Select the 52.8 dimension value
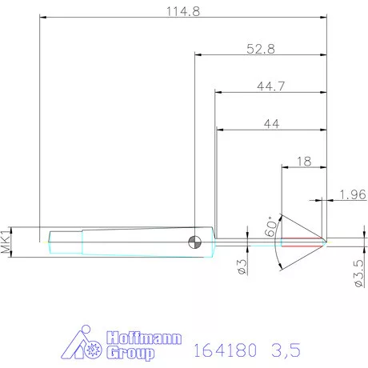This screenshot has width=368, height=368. [261, 49]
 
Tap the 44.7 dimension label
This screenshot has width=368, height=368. [270, 86]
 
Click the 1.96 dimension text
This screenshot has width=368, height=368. [352, 194]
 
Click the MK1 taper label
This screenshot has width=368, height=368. [7, 241]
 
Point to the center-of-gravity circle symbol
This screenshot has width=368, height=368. [195, 241]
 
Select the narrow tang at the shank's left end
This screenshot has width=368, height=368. [64, 238]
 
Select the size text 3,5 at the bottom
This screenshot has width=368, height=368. [286, 350]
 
